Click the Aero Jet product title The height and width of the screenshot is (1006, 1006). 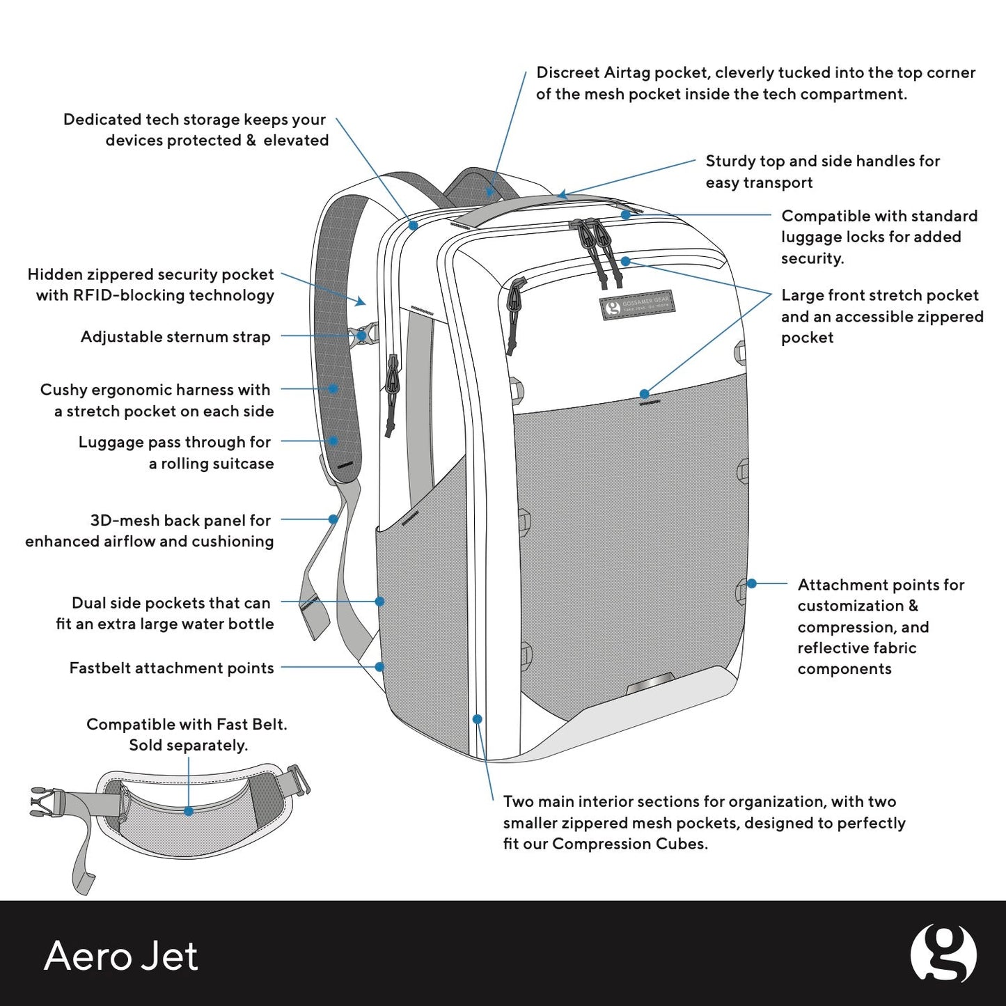point(121,955)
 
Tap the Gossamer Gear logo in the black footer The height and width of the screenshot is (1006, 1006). point(943,954)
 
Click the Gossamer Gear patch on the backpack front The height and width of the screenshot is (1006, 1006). point(637,305)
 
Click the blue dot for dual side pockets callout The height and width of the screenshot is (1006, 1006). point(379,601)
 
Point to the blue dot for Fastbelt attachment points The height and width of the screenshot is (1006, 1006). point(379,667)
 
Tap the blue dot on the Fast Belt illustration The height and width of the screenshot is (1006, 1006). point(189,811)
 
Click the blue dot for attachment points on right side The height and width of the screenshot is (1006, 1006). point(751,583)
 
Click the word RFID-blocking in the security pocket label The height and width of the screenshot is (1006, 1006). point(118,295)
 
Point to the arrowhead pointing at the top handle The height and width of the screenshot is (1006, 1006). point(563,195)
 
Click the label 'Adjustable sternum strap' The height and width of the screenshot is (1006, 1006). point(175,337)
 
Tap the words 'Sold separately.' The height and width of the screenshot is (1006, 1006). point(188,745)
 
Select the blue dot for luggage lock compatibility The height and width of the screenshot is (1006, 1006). point(625,215)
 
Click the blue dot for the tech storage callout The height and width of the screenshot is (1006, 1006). point(413,226)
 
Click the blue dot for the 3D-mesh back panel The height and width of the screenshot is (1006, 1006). point(333,519)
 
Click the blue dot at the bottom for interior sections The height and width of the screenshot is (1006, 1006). point(477,719)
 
